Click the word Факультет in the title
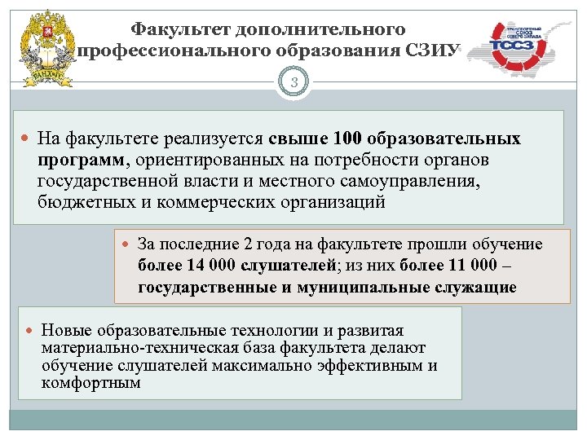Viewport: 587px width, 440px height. click(181, 29)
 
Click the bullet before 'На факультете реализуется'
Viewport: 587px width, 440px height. click(25, 140)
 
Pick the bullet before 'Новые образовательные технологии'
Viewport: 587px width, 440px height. click(29, 331)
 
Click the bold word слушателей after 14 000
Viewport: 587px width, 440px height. click(285, 266)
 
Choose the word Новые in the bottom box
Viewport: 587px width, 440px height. click(65, 331)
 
